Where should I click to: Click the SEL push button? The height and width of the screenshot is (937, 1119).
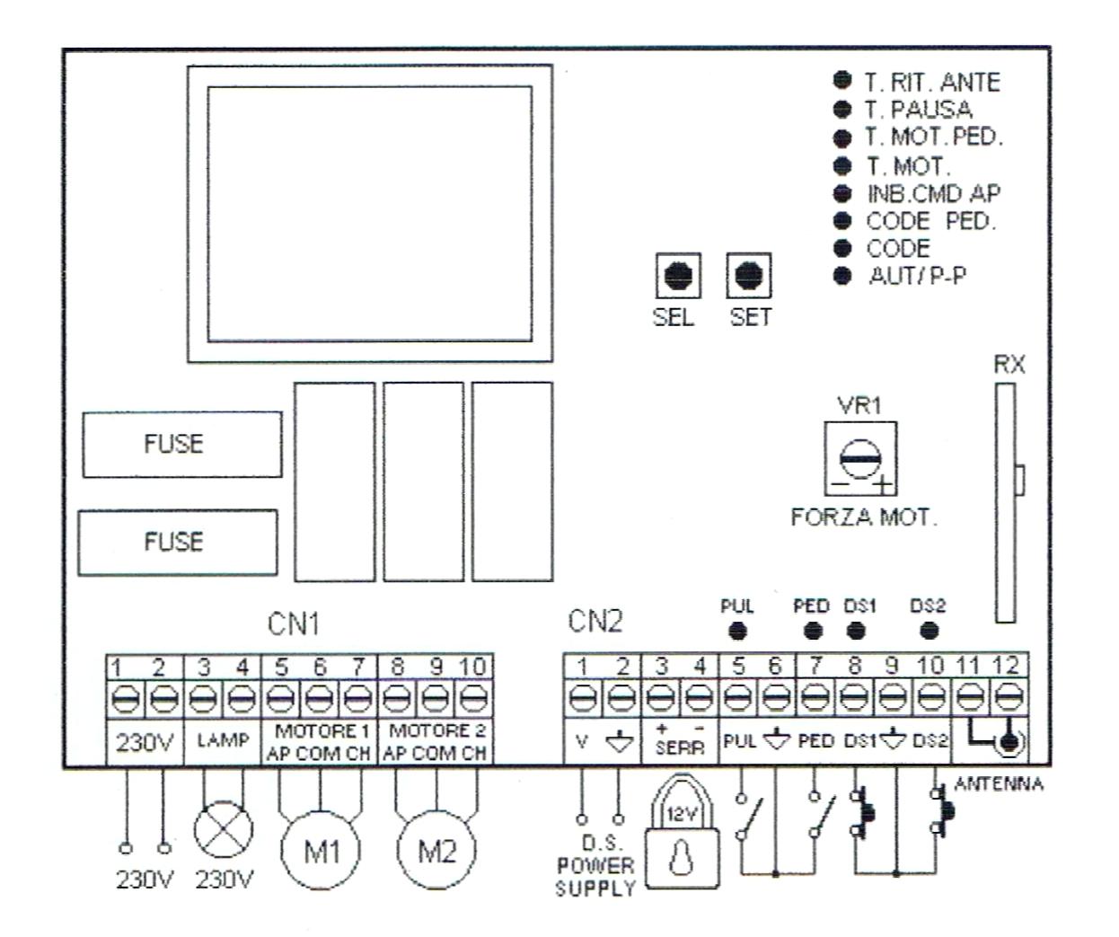click(678, 276)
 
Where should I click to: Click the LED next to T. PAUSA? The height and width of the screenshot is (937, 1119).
click(842, 109)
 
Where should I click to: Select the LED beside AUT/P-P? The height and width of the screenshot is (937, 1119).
click(842, 276)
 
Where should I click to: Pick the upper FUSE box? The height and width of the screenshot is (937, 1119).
click(181, 444)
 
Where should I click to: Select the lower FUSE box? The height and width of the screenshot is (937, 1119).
click(177, 542)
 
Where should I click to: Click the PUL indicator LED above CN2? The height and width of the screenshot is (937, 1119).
click(737, 631)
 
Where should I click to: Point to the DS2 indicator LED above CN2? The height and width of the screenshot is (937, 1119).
click(930, 631)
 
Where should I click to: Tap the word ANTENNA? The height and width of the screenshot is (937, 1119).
click(999, 784)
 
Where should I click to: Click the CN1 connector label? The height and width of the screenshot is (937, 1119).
click(294, 623)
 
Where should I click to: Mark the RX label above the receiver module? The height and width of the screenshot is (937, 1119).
click(1009, 364)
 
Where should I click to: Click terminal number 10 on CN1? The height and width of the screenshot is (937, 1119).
click(473, 667)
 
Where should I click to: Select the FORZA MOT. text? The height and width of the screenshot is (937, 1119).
click(863, 518)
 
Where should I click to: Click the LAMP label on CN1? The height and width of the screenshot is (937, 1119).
click(222, 740)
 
